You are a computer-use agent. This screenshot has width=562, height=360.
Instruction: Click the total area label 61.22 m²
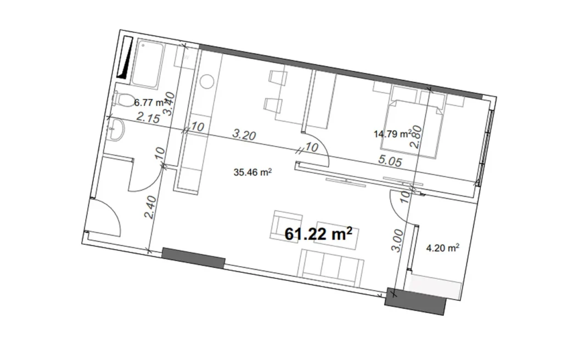(318, 234)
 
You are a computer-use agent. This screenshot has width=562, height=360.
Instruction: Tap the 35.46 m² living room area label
(254, 172)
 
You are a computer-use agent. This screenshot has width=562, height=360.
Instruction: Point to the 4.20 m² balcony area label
(442, 248)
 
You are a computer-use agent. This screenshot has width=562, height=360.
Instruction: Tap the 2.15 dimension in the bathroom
(148, 117)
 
